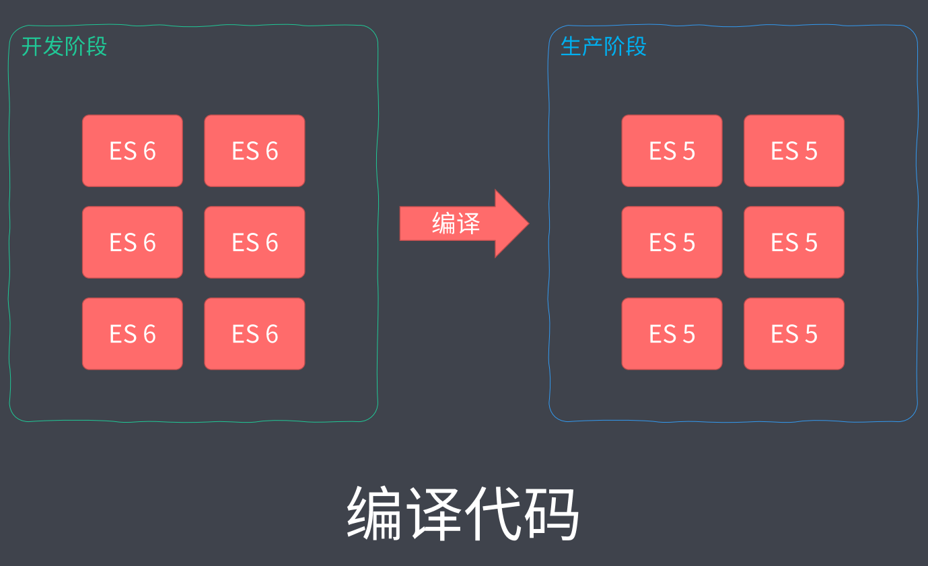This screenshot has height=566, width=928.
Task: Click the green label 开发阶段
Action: pyautogui.click(x=64, y=46)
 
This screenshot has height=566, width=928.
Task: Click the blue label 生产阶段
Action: pyautogui.click(x=603, y=46)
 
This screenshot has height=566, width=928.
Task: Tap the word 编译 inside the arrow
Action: pyautogui.click(x=456, y=223)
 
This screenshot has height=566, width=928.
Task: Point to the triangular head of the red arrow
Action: pyautogui.click(x=511, y=223)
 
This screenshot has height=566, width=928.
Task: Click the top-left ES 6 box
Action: pyautogui.click(x=133, y=151)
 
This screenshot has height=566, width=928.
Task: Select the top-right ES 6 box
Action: pyautogui.click(x=254, y=151)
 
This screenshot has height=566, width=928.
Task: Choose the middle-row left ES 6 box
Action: pyautogui.click(x=133, y=242)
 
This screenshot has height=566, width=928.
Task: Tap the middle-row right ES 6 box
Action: pyautogui.click(x=254, y=242)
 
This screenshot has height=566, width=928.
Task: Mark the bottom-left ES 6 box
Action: pyautogui.click(x=133, y=334)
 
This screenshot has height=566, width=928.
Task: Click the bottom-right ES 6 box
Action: pyautogui.click(x=254, y=334)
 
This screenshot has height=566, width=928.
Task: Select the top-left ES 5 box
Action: pyautogui.click(x=672, y=151)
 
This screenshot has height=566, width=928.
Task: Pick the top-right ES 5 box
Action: pyautogui.click(x=794, y=151)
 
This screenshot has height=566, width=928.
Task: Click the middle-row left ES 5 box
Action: pyautogui.click(x=672, y=242)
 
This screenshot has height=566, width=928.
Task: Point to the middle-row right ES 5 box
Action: pyautogui.click(x=794, y=242)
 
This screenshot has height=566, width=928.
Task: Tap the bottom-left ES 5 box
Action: pyautogui.click(x=672, y=334)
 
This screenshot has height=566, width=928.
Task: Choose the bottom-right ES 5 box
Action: pyautogui.click(x=794, y=334)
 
